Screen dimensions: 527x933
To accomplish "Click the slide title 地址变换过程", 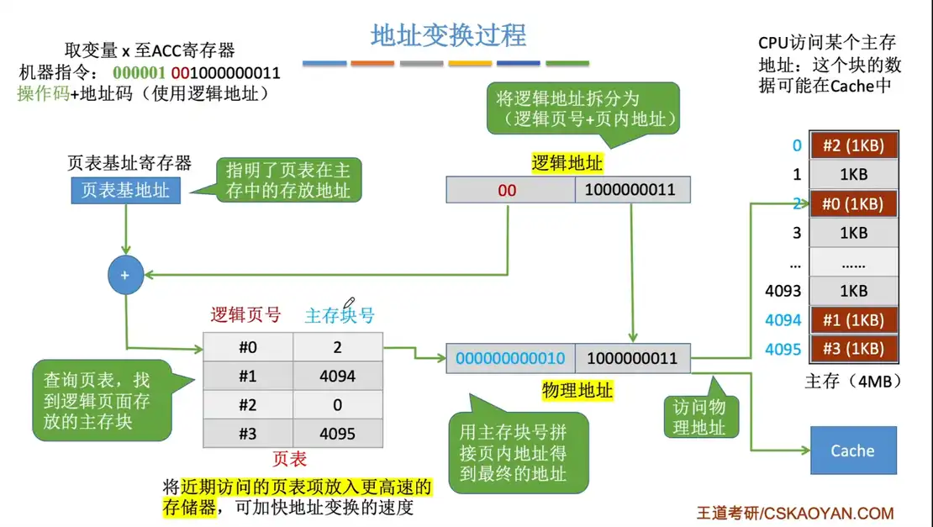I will (x=449, y=34).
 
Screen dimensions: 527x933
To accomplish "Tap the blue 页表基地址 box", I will (x=125, y=190).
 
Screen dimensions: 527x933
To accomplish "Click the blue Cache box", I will (x=852, y=451).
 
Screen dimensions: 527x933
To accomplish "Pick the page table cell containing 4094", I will (x=337, y=376).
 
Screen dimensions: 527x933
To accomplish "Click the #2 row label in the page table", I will (x=247, y=404).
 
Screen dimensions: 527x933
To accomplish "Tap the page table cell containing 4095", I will (x=337, y=434).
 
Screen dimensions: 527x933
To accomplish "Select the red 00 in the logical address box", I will (x=507, y=190).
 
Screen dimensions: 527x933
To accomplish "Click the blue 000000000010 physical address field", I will (x=510, y=358).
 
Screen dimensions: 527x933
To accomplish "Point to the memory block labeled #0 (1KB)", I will (x=853, y=204).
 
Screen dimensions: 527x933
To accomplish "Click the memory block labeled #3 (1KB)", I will (x=853, y=349).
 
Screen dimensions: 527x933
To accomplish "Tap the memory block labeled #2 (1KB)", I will (x=853, y=145).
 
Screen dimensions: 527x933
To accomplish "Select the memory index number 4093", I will (x=783, y=292).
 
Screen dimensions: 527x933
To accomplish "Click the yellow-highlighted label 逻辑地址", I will (x=567, y=163).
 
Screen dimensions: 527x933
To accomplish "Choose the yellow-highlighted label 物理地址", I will (x=577, y=390).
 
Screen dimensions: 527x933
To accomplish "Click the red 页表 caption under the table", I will (x=290, y=459).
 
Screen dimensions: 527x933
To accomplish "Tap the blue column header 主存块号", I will (x=340, y=315).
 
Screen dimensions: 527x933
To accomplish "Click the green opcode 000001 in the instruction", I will (x=138, y=73).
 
